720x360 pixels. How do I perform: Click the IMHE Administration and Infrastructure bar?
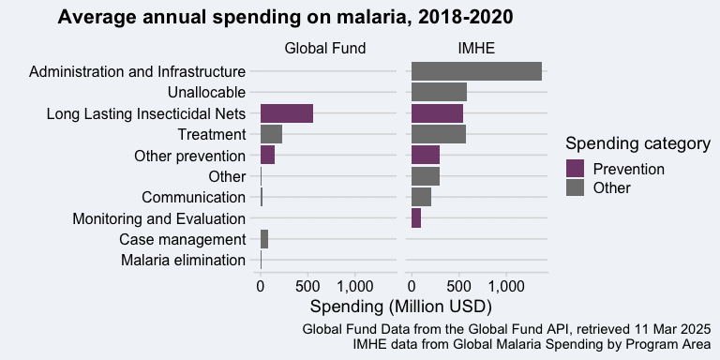tap(476, 71)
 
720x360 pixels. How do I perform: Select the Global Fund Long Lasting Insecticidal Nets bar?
tap(287, 113)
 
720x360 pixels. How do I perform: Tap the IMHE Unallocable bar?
tap(439, 92)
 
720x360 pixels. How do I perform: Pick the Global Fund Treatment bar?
tap(271, 134)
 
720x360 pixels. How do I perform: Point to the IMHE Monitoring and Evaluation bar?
tap(416, 218)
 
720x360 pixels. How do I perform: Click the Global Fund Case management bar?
tap(264, 239)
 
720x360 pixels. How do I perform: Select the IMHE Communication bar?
tap(422, 197)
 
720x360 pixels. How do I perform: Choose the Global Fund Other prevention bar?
tap(268, 156)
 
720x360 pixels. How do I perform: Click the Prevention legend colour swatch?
tap(575, 169)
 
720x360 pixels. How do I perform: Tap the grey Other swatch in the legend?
tap(575, 187)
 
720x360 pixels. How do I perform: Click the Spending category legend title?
tap(638, 143)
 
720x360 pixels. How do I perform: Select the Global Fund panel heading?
tap(325, 48)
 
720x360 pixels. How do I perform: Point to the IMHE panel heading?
tap(476, 48)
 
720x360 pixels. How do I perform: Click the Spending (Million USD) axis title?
tap(401, 307)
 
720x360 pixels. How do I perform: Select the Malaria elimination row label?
tap(183, 261)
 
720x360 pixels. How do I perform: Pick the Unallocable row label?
tap(206, 92)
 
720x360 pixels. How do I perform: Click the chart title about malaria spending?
tap(285, 18)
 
